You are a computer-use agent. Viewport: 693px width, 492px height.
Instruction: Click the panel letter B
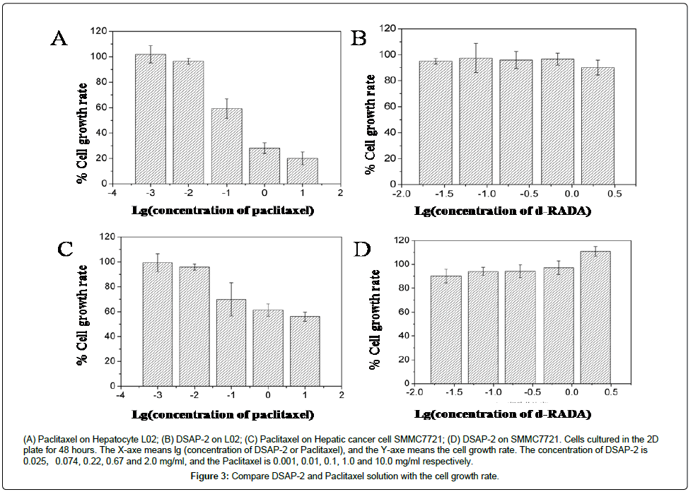pos(359,37)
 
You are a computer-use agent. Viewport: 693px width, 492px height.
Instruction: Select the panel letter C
pos(65,249)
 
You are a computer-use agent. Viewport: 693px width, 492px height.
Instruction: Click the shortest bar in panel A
pos(302,171)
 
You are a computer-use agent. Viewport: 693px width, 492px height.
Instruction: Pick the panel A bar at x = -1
pos(226,146)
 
